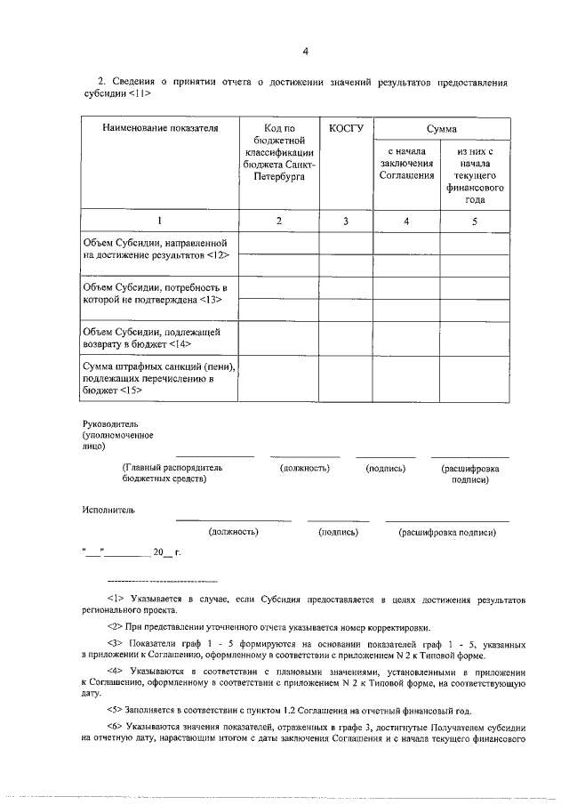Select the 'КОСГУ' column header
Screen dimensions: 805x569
pyautogui.click(x=346, y=129)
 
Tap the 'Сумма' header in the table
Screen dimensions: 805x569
pyautogui.click(x=440, y=130)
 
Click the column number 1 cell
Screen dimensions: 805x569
pyautogui.click(x=160, y=221)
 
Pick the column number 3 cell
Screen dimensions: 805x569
pyautogui.click(x=346, y=221)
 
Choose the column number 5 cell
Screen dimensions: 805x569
pyautogui.click(x=475, y=221)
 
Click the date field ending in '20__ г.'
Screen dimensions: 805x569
pyautogui.click(x=132, y=552)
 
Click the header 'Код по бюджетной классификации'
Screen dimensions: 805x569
pyautogui.click(x=278, y=153)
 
